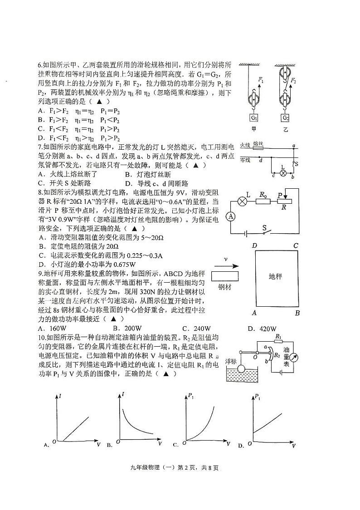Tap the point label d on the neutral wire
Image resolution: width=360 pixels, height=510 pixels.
click(x=260, y=160)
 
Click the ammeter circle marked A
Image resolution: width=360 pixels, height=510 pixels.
click(x=230, y=216)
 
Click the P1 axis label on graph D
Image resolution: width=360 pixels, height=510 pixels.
click(x=258, y=398)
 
